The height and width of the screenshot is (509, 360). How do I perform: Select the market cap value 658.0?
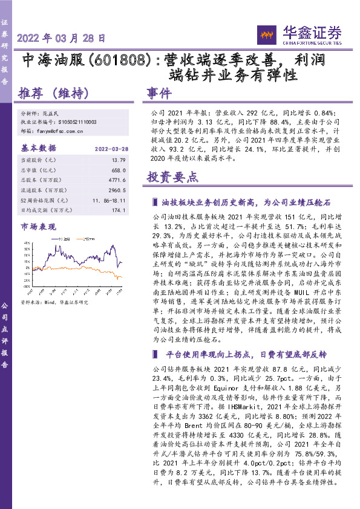(111, 170)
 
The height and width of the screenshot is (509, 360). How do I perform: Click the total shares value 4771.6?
(110, 180)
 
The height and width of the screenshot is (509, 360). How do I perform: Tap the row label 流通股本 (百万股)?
(43, 190)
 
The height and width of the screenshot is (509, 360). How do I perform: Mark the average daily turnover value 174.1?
(111, 210)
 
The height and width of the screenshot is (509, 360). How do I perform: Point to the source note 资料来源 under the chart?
(54, 302)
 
